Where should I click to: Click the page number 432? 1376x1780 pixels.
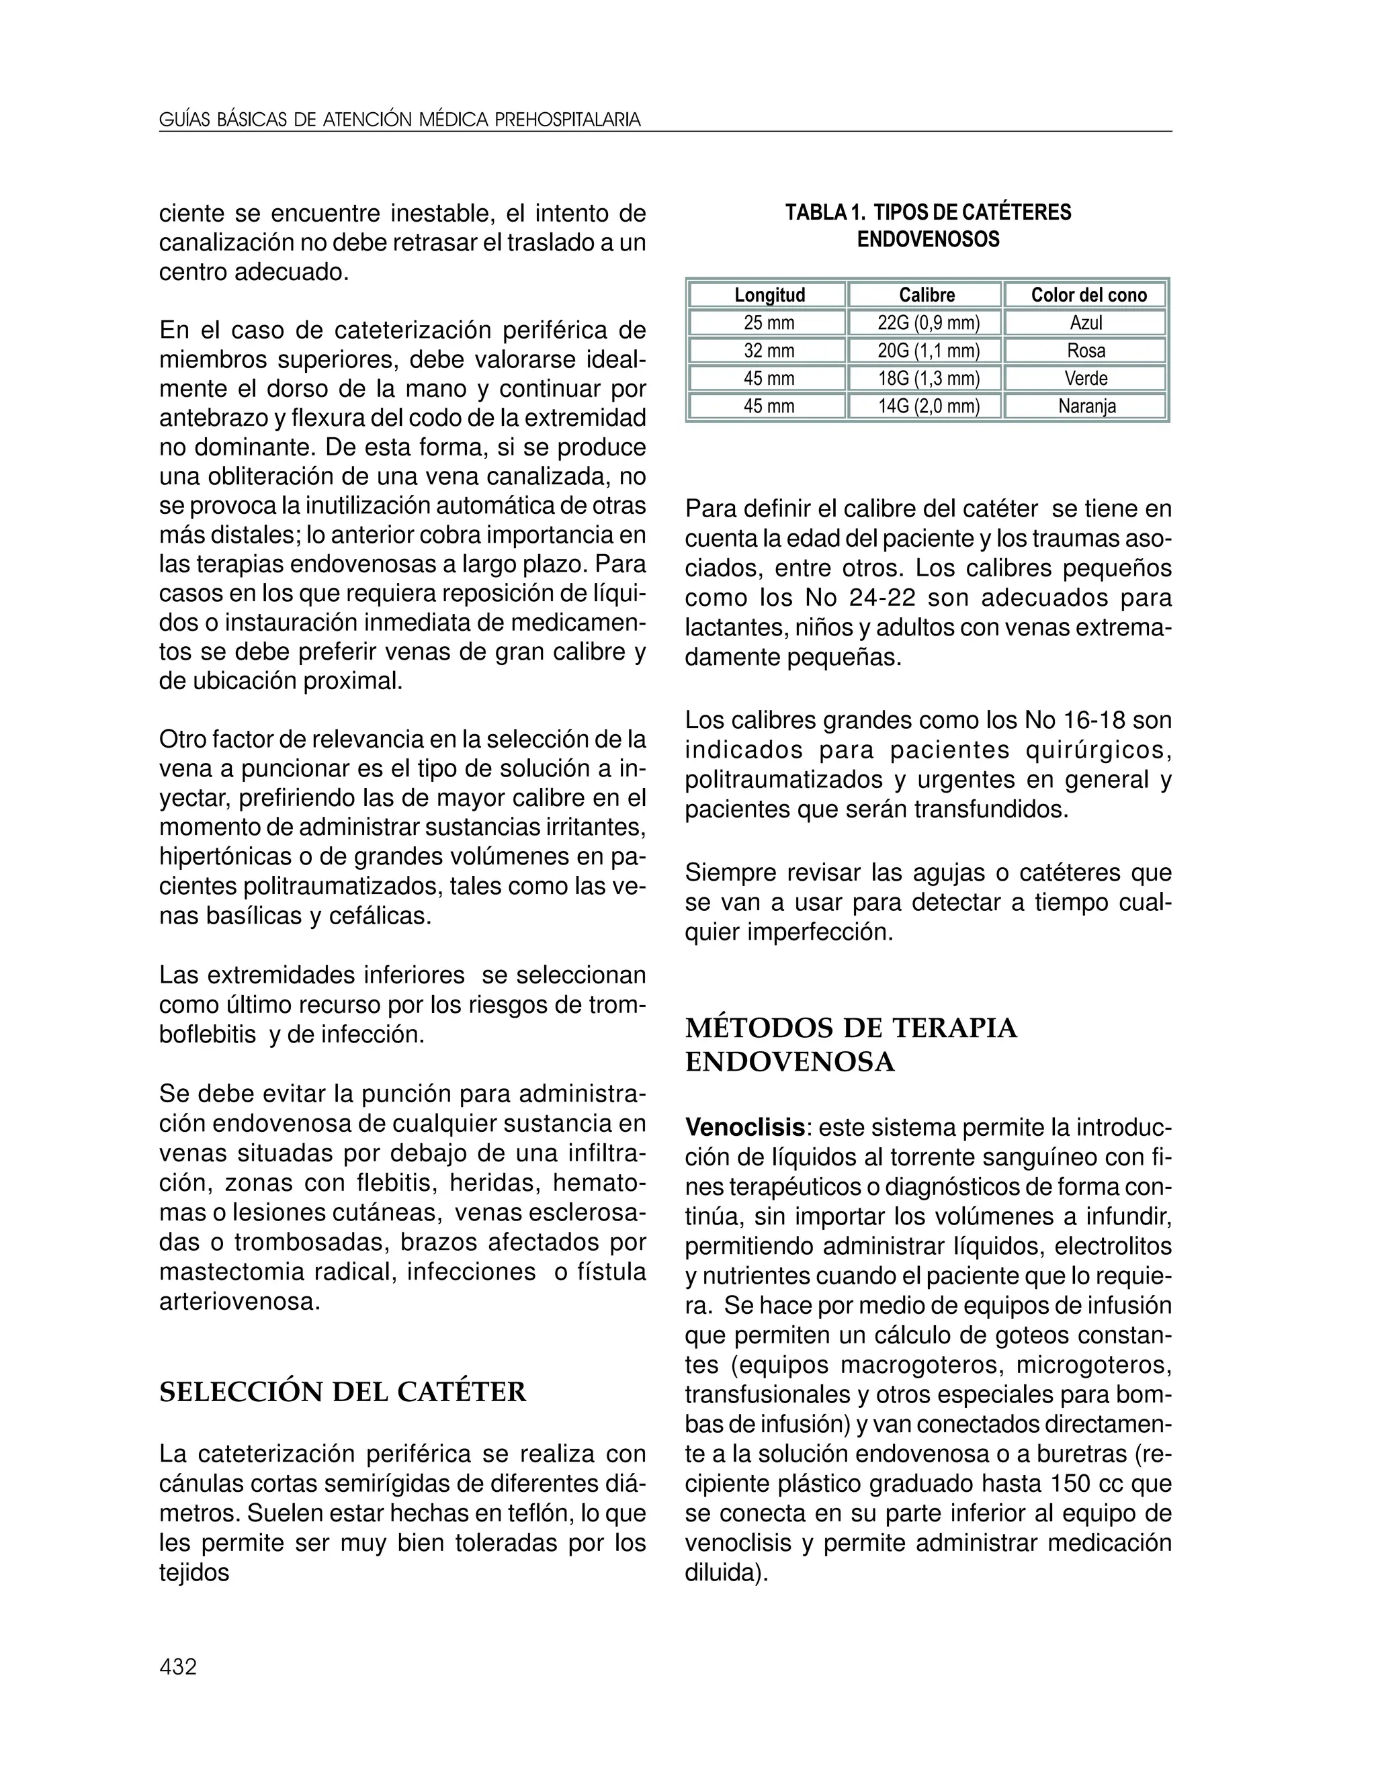[x=177, y=1666]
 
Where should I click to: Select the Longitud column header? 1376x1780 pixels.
[x=769, y=295]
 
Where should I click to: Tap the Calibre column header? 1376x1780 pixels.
[x=926, y=295]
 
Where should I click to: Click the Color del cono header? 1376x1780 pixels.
[x=1088, y=295]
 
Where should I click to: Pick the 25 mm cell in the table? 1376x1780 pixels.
[x=768, y=322]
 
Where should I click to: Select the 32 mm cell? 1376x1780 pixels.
[x=768, y=351]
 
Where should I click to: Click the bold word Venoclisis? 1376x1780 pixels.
[x=744, y=1128]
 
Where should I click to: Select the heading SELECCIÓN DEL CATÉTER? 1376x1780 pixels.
[x=343, y=1392]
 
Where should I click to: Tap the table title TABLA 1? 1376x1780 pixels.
[x=823, y=213]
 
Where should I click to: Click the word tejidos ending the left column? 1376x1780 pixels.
[x=194, y=1572]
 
